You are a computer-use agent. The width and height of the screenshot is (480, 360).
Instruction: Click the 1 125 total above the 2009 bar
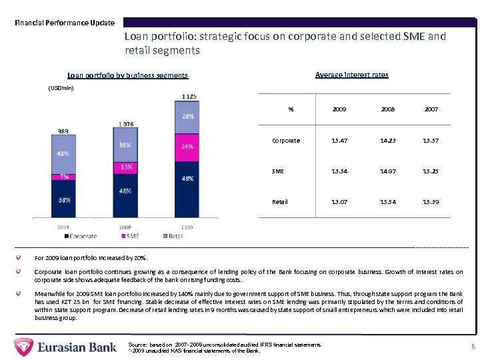coord(189,97)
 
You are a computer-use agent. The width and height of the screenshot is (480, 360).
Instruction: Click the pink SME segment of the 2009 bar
coord(188,147)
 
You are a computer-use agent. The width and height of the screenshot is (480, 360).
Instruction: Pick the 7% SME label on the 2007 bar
coord(65,177)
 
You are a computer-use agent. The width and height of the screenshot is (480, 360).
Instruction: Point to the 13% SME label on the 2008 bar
coord(125,167)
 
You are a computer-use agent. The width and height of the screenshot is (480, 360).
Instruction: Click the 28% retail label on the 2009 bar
coord(188,116)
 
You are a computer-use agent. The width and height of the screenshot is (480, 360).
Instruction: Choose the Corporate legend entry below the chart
coord(80,235)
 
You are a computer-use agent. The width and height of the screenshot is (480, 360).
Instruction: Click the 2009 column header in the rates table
coord(339,109)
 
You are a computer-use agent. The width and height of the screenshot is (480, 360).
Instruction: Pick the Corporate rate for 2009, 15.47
coord(339,141)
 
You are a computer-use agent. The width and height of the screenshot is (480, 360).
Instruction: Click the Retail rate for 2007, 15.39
coord(430,201)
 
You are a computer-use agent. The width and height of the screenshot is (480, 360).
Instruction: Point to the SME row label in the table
coord(278,171)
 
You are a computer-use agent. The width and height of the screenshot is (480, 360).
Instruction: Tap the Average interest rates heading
coord(351,75)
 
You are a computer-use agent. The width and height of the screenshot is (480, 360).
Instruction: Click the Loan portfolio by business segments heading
coord(127,75)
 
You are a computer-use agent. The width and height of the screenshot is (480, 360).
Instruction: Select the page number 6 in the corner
coord(473,347)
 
